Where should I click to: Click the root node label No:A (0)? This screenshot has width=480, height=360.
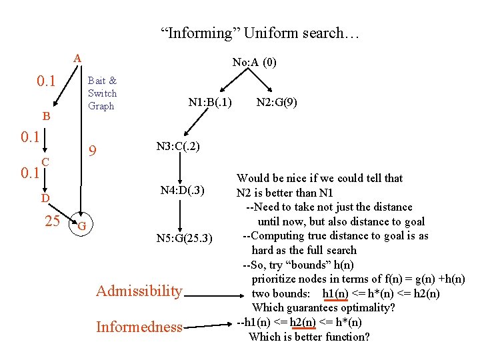click(254, 63)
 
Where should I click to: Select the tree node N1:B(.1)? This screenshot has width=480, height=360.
click(210, 103)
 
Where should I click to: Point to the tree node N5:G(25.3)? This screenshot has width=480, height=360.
click(185, 238)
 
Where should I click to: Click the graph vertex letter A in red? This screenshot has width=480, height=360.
click(77, 58)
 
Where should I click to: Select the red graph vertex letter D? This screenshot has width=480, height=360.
click(44, 198)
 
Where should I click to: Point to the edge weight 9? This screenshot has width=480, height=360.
click(94, 152)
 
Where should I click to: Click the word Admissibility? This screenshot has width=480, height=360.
click(139, 291)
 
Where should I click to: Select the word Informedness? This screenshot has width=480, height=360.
click(139, 327)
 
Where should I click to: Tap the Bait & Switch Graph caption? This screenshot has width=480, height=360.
click(102, 93)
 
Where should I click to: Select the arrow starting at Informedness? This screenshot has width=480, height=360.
click(209, 325)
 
